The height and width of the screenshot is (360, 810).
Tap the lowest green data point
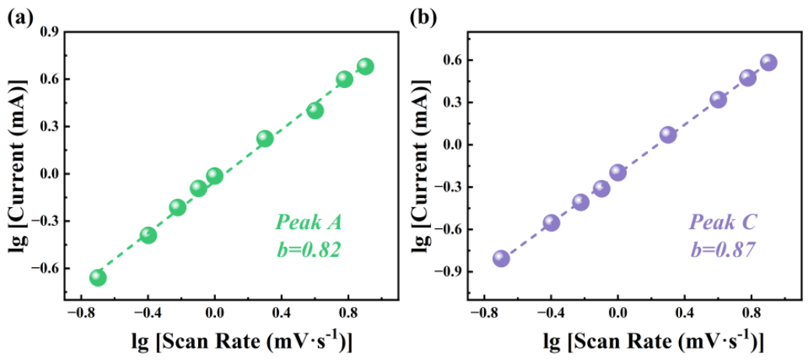tap(97, 277)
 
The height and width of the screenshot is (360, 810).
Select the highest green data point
tap(365, 67)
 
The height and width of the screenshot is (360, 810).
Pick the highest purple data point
tap(769, 62)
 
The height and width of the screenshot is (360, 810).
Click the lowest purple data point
tap(501, 258)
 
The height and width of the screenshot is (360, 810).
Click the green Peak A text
tap(309, 223)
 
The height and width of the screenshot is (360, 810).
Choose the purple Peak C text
tap(723, 223)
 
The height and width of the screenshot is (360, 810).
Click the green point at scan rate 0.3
tap(264, 139)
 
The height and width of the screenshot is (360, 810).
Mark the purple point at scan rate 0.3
tap(668, 135)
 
